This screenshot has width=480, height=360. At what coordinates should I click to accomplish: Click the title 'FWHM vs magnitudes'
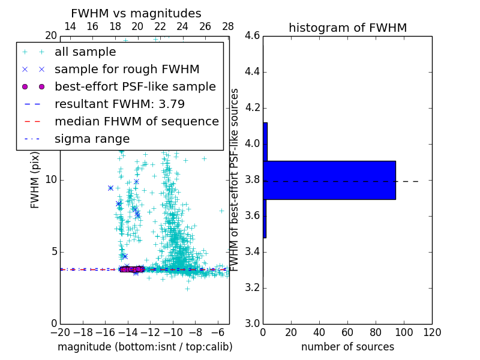click(136, 13)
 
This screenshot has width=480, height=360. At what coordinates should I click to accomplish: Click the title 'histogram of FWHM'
click(347, 28)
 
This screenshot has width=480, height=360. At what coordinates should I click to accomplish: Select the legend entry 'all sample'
click(85, 52)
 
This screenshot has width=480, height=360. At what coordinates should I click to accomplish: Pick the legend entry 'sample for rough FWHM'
click(127, 70)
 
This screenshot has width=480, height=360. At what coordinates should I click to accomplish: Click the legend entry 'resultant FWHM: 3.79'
click(119, 104)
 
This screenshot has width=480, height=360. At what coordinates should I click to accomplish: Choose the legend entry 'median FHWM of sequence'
click(136, 122)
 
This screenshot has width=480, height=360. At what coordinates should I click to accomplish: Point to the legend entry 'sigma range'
click(92, 139)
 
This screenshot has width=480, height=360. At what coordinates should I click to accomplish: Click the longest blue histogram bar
click(329, 180)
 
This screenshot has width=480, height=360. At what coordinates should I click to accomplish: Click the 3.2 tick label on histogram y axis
click(253, 288)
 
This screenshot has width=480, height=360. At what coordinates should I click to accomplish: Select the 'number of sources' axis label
click(347, 347)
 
